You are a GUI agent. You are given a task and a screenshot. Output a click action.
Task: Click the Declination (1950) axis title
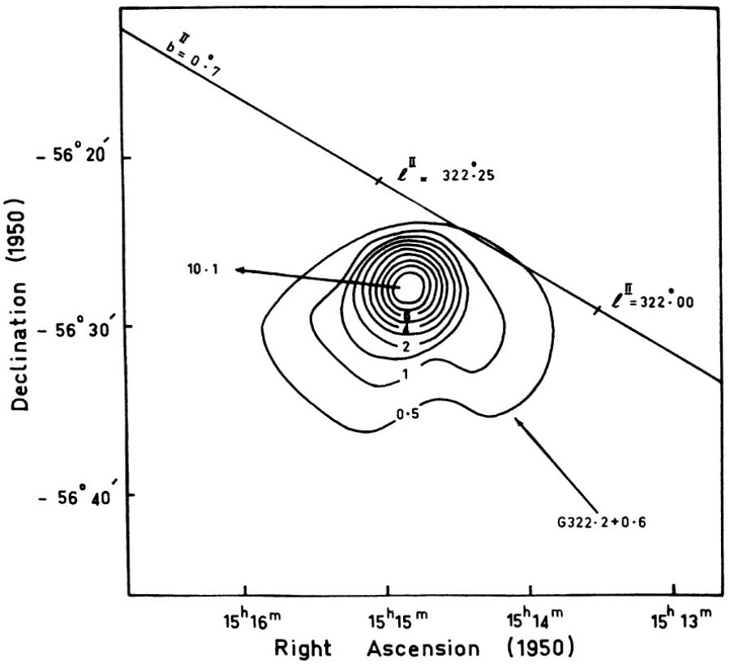point(20,305)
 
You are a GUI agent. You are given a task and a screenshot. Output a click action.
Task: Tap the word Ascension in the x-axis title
point(423,648)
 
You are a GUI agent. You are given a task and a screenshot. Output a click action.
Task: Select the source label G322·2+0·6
point(602,523)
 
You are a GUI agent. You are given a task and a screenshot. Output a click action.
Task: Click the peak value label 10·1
point(203,269)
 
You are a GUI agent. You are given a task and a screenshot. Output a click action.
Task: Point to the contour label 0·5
point(407,413)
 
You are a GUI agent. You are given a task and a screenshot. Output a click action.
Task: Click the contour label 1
point(406,374)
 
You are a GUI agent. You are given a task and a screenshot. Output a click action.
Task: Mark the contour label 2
point(406,347)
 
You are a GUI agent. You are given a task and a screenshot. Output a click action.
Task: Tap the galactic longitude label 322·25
point(468,174)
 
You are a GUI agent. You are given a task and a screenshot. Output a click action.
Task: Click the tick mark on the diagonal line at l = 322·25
point(379,181)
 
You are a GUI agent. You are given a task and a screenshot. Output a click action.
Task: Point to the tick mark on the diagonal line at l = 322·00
point(597,310)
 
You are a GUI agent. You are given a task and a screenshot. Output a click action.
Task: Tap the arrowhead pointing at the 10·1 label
point(241,270)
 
